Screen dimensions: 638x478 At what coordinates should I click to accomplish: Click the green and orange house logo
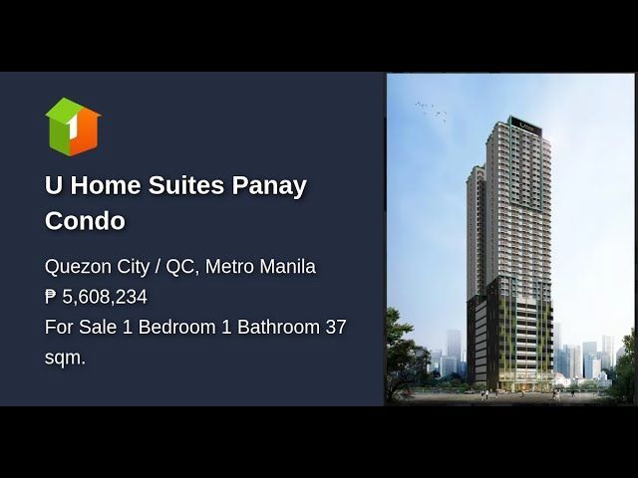[73, 126]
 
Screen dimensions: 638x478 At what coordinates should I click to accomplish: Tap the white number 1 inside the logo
[73, 126]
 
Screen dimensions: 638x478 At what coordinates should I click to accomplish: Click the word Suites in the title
[186, 185]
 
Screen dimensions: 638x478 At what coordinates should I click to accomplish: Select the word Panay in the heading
[269, 186]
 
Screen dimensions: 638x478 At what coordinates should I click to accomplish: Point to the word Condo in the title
[85, 221]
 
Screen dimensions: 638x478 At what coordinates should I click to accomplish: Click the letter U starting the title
[53, 185]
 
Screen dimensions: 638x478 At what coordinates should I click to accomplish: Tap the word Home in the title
[106, 185]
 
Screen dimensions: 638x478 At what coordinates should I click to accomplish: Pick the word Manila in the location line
[288, 267]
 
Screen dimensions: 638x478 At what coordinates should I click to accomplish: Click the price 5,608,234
[105, 297]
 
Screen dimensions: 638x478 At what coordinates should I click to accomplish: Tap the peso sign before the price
[51, 297]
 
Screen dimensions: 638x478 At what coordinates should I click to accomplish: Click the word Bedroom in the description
[177, 327]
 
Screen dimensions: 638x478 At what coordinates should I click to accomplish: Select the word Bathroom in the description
[279, 327]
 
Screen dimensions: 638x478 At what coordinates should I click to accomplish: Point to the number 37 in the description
[336, 327]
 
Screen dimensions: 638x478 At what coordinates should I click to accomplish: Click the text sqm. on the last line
[65, 358]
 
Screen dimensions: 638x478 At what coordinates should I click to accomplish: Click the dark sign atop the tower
[527, 124]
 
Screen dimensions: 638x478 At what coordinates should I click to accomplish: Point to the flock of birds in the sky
[431, 111]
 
